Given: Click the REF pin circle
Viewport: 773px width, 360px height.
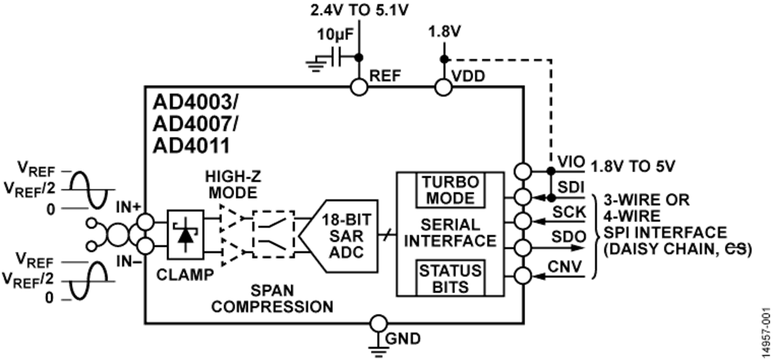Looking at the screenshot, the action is [358, 88].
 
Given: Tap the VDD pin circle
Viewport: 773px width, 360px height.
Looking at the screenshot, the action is [443, 88].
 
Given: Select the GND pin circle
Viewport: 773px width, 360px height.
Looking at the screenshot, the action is [378, 323].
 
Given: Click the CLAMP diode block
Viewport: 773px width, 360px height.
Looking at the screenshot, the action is [185, 235].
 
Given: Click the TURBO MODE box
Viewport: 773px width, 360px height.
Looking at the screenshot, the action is [451, 191].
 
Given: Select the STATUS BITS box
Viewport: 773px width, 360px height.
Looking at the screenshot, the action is [450, 278].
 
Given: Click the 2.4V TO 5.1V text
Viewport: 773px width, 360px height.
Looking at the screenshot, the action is [359, 10].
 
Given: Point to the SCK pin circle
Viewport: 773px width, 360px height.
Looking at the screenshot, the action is [522, 219].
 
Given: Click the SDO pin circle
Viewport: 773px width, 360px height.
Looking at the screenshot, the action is [522, 246].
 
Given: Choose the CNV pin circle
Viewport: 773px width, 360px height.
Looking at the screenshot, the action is [522, 276].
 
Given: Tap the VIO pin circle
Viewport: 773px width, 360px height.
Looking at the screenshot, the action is [522, 171].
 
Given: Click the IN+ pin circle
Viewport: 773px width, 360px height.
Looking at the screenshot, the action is [145, 222].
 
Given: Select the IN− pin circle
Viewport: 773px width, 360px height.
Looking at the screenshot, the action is [145, 245].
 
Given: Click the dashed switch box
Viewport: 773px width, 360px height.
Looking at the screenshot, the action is [273, 235].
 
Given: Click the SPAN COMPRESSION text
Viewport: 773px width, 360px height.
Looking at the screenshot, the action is [272, 298].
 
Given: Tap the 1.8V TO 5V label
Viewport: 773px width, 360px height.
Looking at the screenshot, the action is [633, 167].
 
